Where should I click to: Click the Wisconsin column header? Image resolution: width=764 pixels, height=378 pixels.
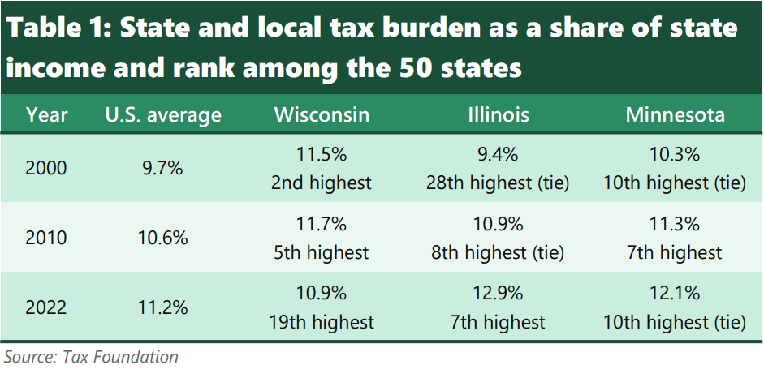322,114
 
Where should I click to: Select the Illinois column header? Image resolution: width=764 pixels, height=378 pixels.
498,114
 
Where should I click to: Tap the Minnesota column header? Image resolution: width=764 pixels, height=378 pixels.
675,114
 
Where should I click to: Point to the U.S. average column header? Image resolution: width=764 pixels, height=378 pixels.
163,114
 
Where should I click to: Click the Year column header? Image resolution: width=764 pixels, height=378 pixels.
46,114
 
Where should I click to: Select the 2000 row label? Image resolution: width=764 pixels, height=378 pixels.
46,169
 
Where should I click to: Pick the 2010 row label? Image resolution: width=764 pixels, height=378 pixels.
46,238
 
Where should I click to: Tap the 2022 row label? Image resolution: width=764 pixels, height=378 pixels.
46,308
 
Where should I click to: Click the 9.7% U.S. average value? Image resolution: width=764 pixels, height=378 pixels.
163,169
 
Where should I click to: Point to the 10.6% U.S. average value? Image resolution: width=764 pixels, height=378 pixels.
163,238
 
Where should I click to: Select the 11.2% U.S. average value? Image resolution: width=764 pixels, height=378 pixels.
163,308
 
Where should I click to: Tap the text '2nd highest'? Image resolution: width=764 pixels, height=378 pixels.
322,183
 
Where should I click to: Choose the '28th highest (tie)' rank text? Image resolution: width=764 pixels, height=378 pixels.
498,183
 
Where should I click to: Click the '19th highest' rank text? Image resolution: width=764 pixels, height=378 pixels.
322,322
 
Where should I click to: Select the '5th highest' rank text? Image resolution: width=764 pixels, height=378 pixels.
322,252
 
